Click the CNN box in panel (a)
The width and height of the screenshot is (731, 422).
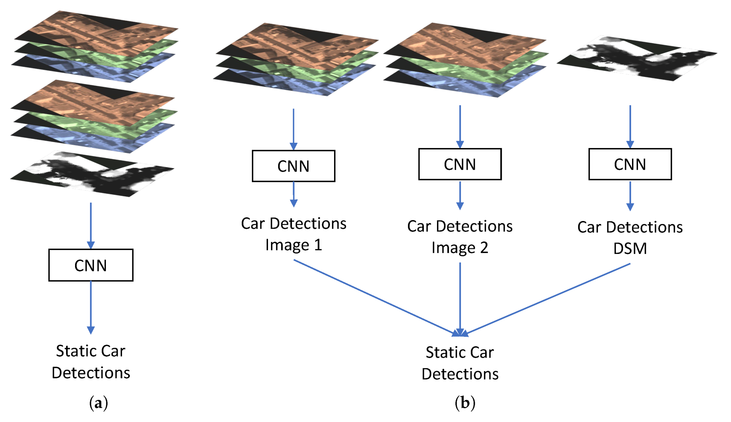point(91,265)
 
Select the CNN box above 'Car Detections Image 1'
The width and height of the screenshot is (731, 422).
point(293,166)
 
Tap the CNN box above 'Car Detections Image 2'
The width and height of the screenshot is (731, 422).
point(460,164)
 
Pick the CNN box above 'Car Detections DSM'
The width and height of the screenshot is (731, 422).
point(630,164)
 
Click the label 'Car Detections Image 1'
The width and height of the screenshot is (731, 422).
point(293,234)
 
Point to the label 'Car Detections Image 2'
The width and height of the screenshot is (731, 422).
point(460,236)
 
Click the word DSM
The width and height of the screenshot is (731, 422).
point(630,248)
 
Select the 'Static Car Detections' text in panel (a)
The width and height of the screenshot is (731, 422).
point(91,361)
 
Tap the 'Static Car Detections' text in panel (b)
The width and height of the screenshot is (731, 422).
point(460,363)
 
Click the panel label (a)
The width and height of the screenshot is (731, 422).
point(98,403)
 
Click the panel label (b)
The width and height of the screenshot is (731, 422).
point(465,403)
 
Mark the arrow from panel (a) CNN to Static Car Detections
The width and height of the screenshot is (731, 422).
point(91,306)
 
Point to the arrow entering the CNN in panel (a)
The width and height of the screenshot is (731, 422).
point(91,225)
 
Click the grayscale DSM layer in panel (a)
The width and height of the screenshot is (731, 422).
point(92,174)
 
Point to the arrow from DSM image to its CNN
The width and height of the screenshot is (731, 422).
point(630,127)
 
